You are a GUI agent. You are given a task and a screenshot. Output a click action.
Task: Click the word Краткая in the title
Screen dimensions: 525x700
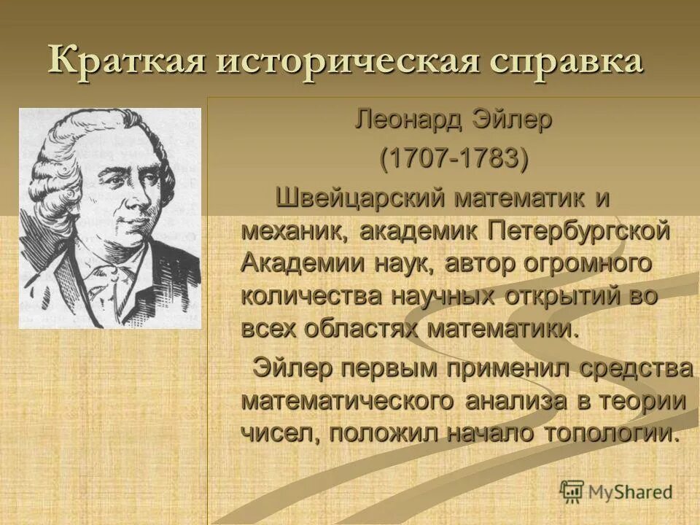(x=123, y=61)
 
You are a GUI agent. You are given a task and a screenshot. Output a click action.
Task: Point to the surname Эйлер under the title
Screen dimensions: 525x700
(x=516, y=120)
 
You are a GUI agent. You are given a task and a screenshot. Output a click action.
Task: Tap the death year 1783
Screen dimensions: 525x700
(x=491, y=159)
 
